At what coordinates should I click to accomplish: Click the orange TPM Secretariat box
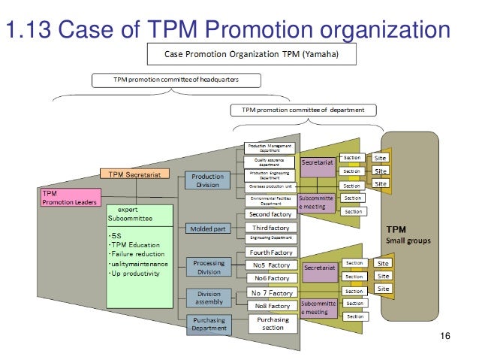click(136, 174)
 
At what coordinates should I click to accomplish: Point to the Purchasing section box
click(272, 323)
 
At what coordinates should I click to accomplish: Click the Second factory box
click(270, 215)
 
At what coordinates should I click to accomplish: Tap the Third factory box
click(270, 227)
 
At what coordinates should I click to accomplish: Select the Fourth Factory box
click(270, 253)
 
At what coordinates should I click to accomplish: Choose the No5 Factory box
click(270, 265)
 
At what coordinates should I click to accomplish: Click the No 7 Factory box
click(270, 292)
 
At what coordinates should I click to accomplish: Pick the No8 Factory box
click(270, 306)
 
